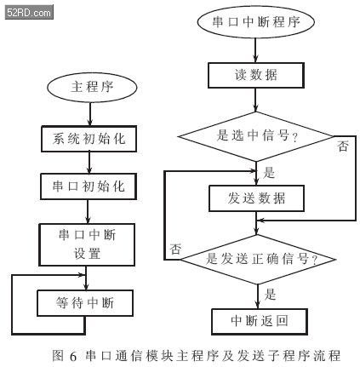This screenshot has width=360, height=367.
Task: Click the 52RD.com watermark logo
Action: pos(29,13)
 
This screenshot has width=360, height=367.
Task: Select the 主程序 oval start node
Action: pos(92,87)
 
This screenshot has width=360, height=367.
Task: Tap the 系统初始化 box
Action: pos(89,139)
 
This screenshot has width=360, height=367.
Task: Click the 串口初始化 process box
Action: pos(89,186)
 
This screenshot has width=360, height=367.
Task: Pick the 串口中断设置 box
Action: pos(87,244)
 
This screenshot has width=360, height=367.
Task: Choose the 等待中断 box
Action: pos(85,303)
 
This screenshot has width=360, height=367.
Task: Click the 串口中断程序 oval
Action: pos(256,22)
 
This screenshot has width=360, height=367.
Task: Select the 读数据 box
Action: pos(256,75)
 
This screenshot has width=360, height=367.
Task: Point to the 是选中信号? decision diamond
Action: pos(256,136)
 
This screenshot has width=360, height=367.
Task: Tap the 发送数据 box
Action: pos(256,198)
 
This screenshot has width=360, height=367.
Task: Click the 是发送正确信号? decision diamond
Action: pos(258,260)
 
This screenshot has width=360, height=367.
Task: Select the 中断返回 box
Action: pos(260,322)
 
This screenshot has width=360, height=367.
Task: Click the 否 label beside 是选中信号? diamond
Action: pos(342,146)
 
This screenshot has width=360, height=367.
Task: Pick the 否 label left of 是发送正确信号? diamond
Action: pos(175,249)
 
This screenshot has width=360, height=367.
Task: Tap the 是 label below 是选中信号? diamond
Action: pos(269,173)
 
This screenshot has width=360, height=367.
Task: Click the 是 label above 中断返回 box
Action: pos(270,295)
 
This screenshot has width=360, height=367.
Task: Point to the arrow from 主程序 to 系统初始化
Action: pos(90,114)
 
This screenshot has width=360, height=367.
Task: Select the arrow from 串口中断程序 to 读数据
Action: pos(255,50)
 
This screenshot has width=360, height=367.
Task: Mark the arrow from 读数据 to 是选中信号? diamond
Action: pos(255,100)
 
